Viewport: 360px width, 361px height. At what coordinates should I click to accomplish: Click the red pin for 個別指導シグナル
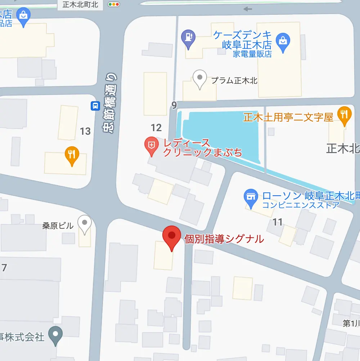(x=172, y=236)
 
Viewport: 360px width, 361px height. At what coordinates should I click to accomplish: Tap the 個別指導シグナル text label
(x=224, y=239)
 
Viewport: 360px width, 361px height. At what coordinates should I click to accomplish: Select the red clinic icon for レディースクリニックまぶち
(x=152, y=146)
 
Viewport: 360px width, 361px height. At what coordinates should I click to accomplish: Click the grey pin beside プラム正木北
(x=199, y=78)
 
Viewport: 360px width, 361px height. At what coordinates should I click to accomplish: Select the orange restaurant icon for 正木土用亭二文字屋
(x=345, y=114)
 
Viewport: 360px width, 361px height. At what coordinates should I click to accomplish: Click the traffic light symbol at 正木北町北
(x=114, y=4)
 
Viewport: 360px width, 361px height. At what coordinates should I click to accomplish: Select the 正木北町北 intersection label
(x=80, y=5)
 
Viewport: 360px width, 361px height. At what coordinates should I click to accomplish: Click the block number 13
(x=85, y=131)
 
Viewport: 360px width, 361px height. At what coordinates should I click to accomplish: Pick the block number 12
(x=156, y=128)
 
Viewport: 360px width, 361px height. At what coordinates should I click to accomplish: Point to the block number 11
(x=278, y=222)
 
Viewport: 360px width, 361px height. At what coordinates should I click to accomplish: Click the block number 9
(x=174, y=106)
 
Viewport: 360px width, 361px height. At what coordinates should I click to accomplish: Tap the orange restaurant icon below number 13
(x=72, y=155)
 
